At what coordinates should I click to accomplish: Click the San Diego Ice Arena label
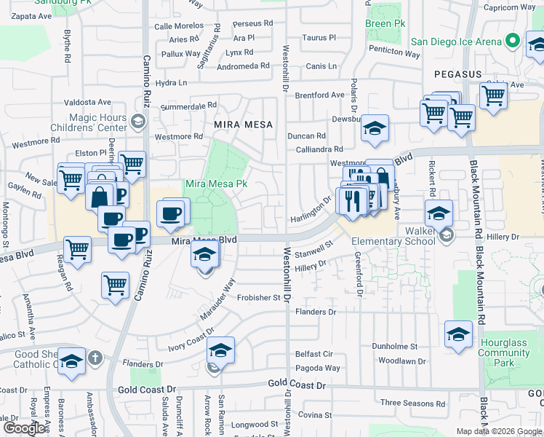(456, 42)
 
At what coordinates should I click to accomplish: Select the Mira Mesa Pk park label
(216, 184)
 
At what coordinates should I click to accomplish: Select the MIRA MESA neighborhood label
(243, 125)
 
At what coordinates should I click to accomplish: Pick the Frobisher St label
(257, 297)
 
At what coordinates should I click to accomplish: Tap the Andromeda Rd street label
(245, 66)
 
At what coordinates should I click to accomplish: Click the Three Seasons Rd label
(412, 403)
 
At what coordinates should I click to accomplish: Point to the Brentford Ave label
(320, 95)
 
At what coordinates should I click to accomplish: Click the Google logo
(25, 428)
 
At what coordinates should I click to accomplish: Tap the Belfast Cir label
(314, 354)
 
